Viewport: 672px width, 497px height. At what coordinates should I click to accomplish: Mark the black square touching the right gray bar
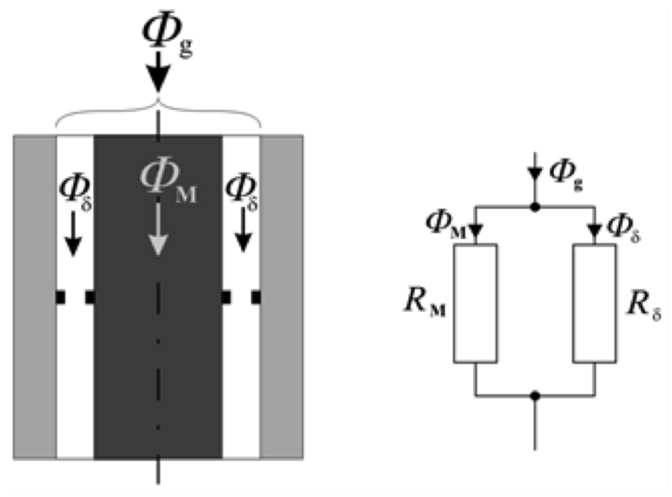click(256, 297)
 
